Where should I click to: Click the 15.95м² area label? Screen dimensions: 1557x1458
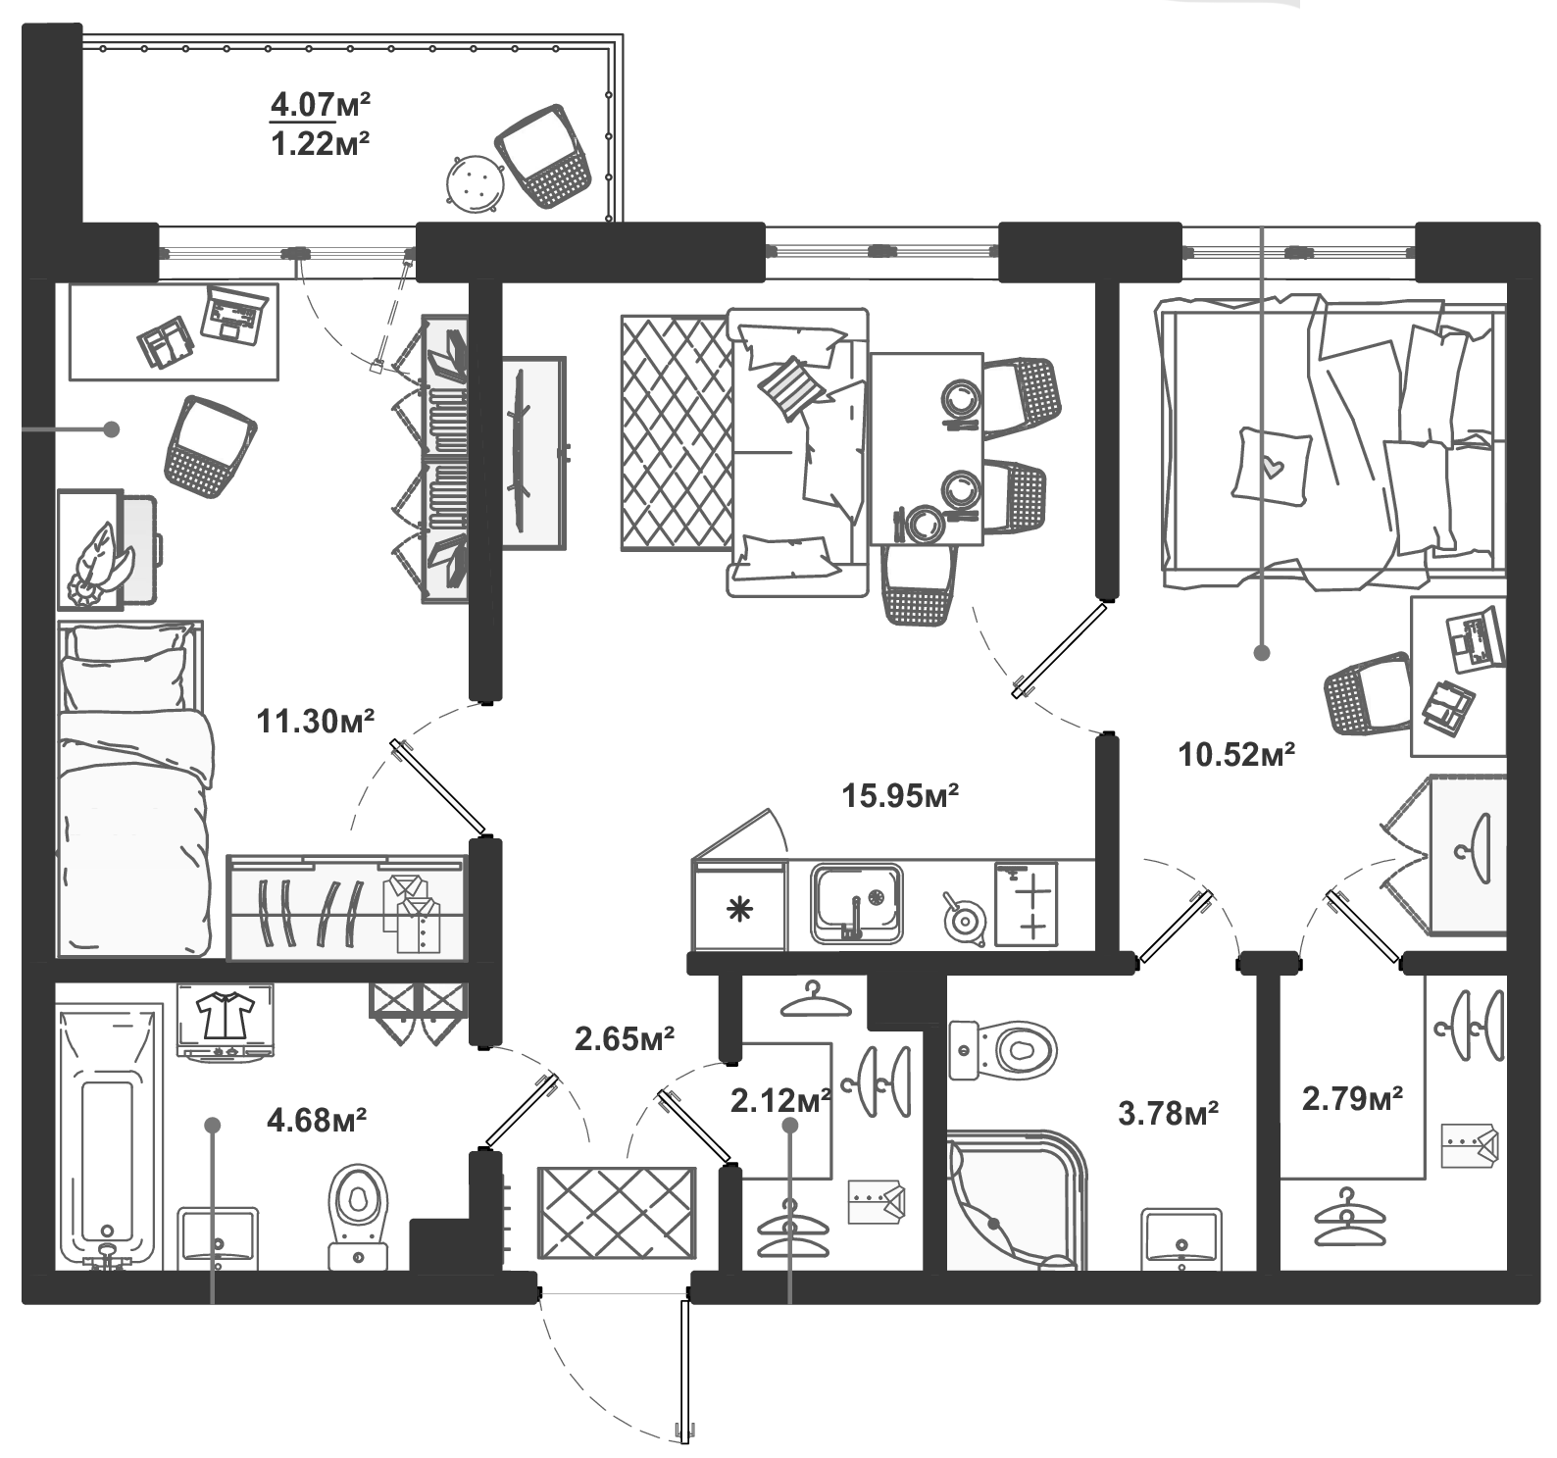point(900,795)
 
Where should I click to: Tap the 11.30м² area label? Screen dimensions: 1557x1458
point(315,721)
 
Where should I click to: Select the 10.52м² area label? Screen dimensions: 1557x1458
point(1237,754)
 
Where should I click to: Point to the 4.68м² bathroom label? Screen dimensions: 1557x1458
point(317,1118)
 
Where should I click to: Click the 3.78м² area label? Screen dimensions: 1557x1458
point(1169,1113)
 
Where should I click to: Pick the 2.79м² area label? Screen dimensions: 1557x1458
point(1352,1098)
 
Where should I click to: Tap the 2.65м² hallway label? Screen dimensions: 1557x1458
point(625,1038)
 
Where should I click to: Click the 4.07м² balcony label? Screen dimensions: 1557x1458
point(320,102)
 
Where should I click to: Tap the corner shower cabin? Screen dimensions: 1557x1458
point(1017,1201)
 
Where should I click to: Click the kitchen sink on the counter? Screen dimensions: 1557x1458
point(856,903)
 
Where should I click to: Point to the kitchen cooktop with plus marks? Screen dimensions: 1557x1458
point(1026,903)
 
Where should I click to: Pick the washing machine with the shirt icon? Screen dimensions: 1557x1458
point(226,1022)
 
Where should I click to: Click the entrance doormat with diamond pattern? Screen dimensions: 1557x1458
point(617,1214)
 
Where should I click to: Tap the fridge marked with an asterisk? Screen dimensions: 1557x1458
point(738,907)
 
